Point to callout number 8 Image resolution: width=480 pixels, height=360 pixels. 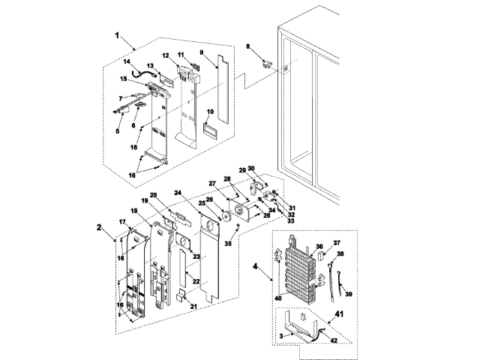(248, 47)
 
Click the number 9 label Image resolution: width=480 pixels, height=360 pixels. (202, 52)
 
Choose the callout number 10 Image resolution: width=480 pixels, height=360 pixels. (211, 112)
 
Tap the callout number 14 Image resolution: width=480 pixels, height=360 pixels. (127, 61)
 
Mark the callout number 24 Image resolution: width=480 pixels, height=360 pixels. (178, 193)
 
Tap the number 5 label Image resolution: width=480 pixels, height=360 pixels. (117, 130)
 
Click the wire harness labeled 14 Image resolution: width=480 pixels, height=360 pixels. (142, 73)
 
